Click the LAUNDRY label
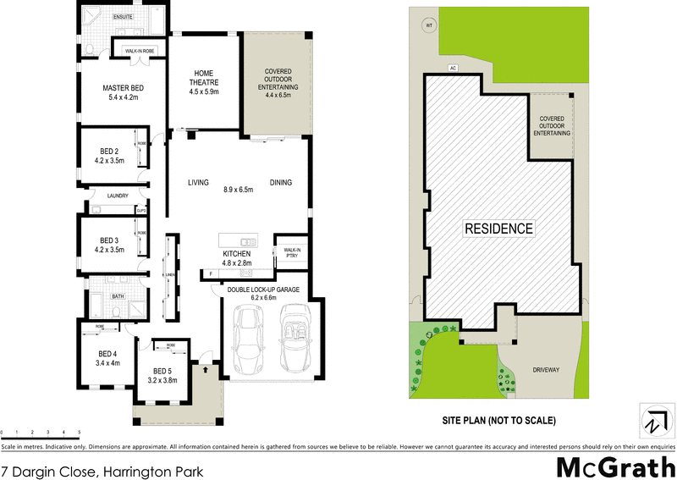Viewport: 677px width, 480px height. point(117,196)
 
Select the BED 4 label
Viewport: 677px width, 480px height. point(107,353)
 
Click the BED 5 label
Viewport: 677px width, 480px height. point(163,370)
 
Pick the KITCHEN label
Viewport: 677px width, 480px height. point(235,254)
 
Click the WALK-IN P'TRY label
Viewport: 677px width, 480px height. point(293,252)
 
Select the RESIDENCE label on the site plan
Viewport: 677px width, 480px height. point(499,229)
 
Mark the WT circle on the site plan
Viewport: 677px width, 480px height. point(428,25)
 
